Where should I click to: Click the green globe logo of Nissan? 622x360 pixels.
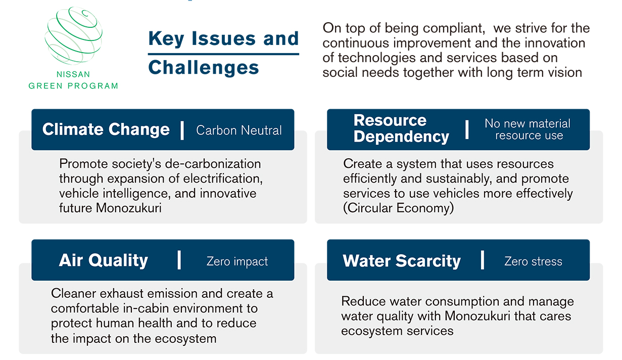[x=74, y=35]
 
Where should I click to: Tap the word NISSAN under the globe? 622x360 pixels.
[x=73, y=74]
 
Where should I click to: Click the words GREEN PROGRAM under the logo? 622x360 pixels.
[x=74, y=86]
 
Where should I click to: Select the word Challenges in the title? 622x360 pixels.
[x=204, y=68]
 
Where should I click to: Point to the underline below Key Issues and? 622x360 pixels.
[x=223, y=54]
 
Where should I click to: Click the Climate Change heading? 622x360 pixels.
[x=106, y=129]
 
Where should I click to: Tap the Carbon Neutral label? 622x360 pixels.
[x=239, y=130]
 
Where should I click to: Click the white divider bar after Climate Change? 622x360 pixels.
[x=182, y=130]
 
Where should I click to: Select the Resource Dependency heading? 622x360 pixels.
[x=401, y=128]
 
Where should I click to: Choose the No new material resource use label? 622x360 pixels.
[x=528, y=129]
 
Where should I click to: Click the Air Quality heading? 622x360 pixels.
[x=103, y=260]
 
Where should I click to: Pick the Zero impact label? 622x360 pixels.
[x=237, y=261]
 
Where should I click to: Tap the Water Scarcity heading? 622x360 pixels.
[x=402, y=261]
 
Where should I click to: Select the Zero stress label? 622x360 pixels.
[x=533, y=261]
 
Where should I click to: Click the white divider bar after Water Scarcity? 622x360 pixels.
[x=483, y=260]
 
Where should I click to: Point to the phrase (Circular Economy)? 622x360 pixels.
[x=399, y=208]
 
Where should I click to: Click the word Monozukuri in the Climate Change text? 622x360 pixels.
[x=128, y=208]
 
